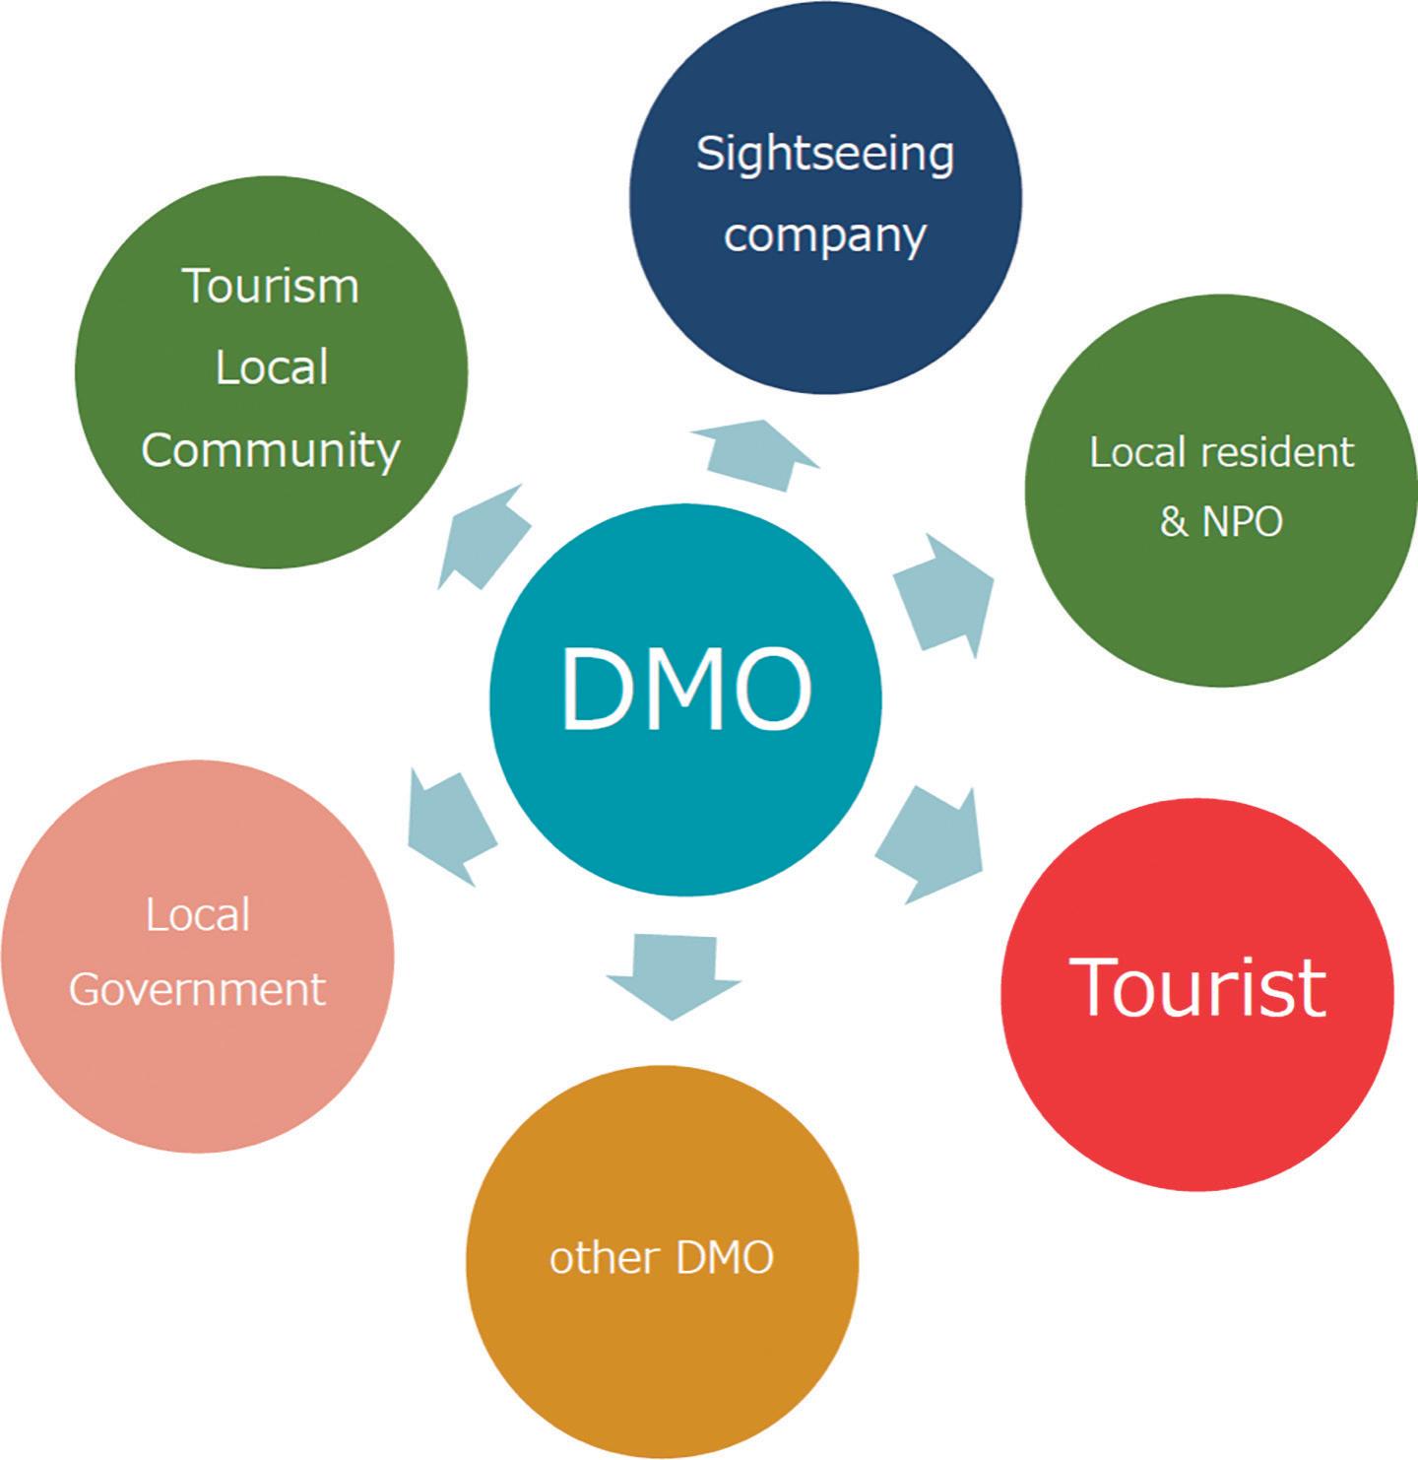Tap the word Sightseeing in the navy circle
click(x=825, y=156)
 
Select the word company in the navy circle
click(x=825, y=235)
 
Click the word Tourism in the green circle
click(x=271, y=286)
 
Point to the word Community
click(x=271, y=450)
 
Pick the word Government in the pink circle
click(x=197, y=988)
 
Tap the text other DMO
click(x=662, y=1258)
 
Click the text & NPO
click(x=1221, y=521)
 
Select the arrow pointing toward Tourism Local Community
click(x=483, y=537)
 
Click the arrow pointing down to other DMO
click(x=674, y=974)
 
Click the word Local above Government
click(x=198, y=915)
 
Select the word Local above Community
click(x=271, y=368)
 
